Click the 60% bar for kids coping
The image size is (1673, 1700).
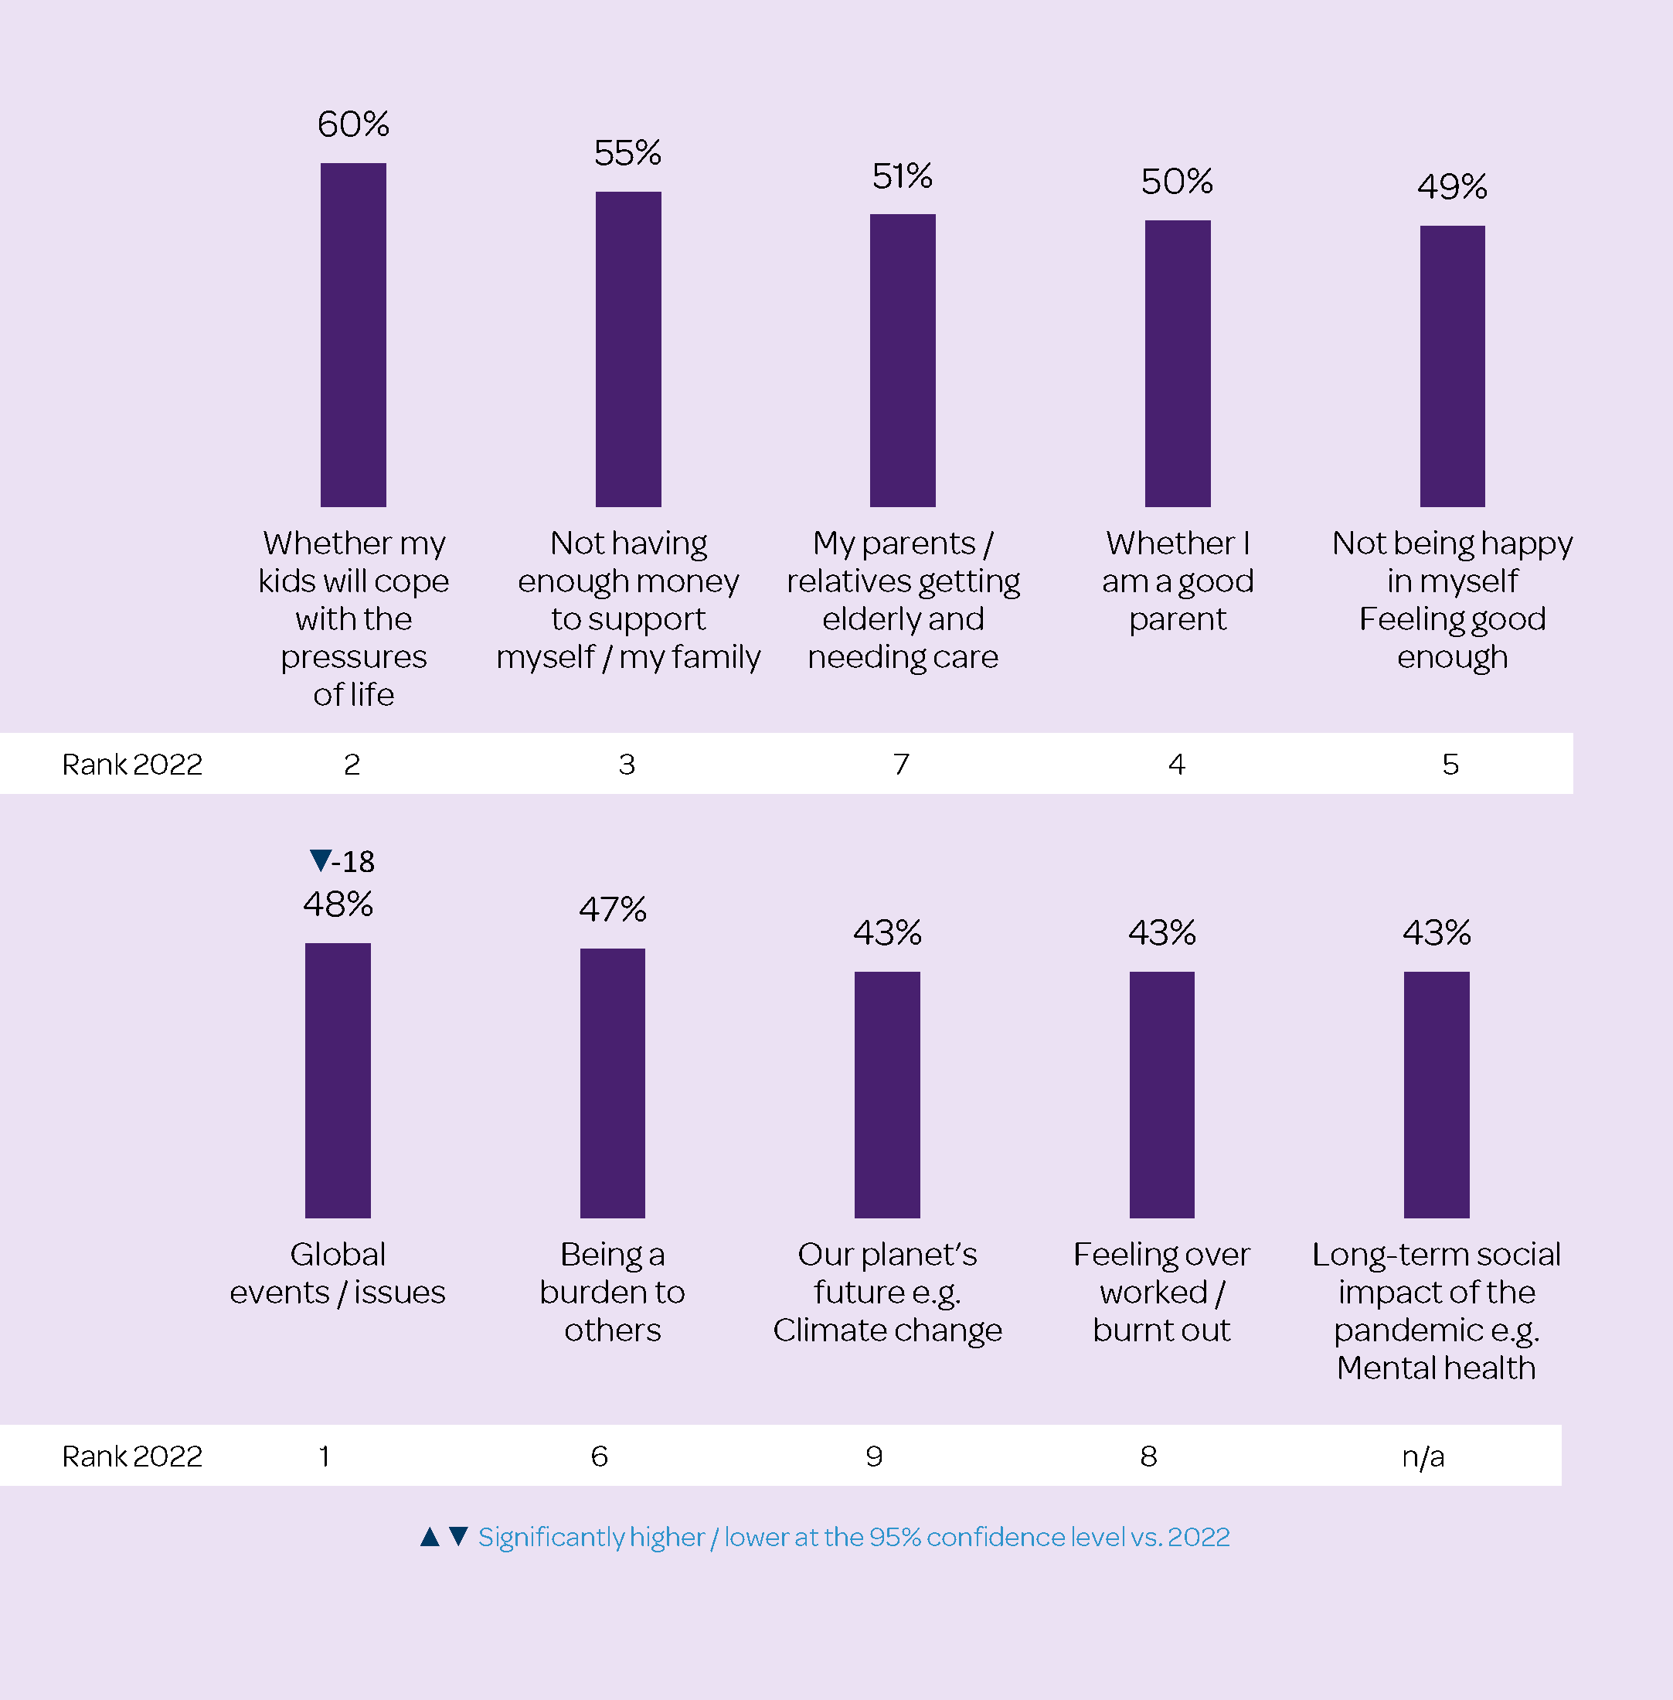coord(353,335)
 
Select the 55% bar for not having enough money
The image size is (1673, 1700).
coord(628,349)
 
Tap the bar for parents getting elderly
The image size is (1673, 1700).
coord(903,360)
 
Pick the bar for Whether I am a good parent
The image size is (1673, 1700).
coord(1178,363)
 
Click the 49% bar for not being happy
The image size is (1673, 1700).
coord(1453,366)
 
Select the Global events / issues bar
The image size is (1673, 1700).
coord(338,1080)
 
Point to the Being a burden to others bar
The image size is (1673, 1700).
coord(613,1083)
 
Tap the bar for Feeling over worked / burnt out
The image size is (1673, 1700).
coord(1161,1095)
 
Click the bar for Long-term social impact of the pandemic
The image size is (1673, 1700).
coord(1437,1095)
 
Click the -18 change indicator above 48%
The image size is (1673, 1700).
coord(342,860)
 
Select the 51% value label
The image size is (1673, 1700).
coord(903,177)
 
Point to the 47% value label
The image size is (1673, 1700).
coord(613,909)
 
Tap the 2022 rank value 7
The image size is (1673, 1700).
coord(902,764)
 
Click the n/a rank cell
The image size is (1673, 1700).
coord(1423,1456)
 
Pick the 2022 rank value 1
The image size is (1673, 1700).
coord(325,1456)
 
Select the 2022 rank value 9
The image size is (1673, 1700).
coord(874,1456)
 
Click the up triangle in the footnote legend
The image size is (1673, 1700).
coord(430,1537)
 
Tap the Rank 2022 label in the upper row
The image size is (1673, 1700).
coord(133,764)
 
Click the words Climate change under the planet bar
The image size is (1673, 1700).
coord(887,1330)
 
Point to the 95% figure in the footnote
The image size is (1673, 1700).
coord(895,1537)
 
